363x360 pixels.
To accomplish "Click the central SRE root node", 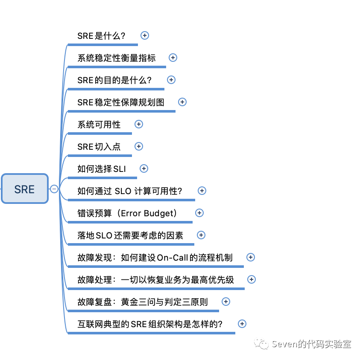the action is pyautogui.click(x=24, y=189).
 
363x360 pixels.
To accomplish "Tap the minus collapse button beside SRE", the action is pyautogui.click(x=54, y=189).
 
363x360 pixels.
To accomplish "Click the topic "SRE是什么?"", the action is pyautogui.click(x=101, y=36).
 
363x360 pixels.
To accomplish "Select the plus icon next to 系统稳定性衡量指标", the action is pyautogui.click(x=173, y=58).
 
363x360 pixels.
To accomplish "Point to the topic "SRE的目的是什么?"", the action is pyautogui.click(x=114, y=80).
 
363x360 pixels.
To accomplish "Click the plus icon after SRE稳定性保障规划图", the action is pyautogui.click(x=182, y=102).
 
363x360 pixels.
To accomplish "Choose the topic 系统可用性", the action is pyautogui.click(x=99, y=125).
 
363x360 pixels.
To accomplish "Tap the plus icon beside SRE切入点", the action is pyautogui.click(x=139, y=146).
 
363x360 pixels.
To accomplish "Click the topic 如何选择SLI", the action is pyautogui.click(x=102, y=169).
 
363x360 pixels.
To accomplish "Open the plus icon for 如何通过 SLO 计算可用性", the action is pyautogui.click(x=202, y=191).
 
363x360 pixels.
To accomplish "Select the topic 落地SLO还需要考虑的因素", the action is pyautogui.click(x=130, y=235).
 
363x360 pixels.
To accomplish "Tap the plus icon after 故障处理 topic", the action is pyautogui.click(x=252, y=279).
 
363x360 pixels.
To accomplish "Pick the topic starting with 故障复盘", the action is pyautogui.click(x=143, y=302).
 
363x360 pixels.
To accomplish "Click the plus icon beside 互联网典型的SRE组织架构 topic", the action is pyautogui.click(x=242, y=324).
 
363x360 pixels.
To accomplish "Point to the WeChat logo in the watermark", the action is pyautogui.click(x=262, y=344).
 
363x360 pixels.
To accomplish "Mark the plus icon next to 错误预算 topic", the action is pyautogui.click(x=199, y=213).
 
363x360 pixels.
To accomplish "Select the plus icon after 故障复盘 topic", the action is pyautogui.click(x=226, y=302).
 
